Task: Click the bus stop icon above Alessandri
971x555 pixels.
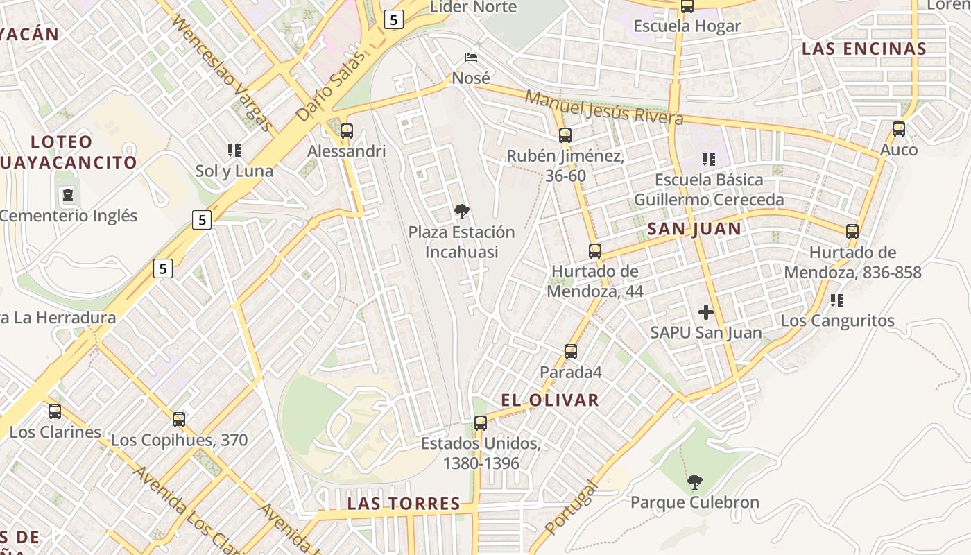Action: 347,130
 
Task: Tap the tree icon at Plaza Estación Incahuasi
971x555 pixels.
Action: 461,212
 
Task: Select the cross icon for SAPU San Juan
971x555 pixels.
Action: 706,312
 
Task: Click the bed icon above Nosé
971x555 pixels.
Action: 471,57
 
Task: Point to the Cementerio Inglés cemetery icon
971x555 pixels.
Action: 68,195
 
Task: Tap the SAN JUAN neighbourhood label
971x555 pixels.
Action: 694,229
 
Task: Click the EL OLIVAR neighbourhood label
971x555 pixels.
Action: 550,400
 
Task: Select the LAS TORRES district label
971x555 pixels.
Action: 404,504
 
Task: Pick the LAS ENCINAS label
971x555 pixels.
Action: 864,49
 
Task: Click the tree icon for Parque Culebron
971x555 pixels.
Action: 694,481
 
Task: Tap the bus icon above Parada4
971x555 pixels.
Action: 571,352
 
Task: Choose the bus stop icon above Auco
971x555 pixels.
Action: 899,129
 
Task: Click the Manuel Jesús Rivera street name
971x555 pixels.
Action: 603,108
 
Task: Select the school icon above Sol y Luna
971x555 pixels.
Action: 234,150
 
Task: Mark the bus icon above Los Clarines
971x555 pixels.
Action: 55,411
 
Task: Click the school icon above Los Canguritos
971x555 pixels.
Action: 837,300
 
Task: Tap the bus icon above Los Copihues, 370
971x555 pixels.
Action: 179,420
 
